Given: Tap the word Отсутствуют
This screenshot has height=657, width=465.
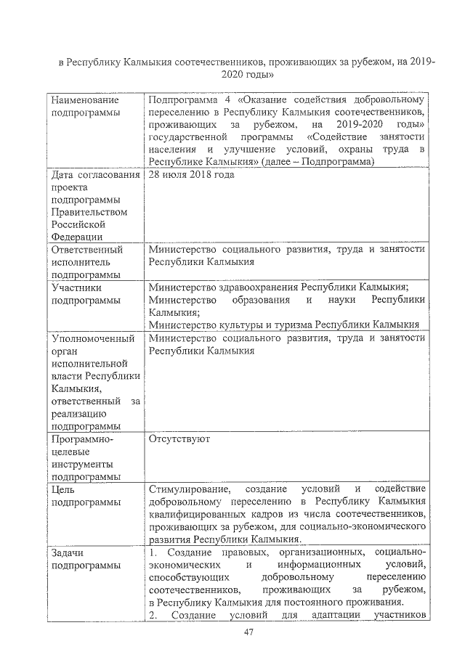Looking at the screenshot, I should (179, 439).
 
